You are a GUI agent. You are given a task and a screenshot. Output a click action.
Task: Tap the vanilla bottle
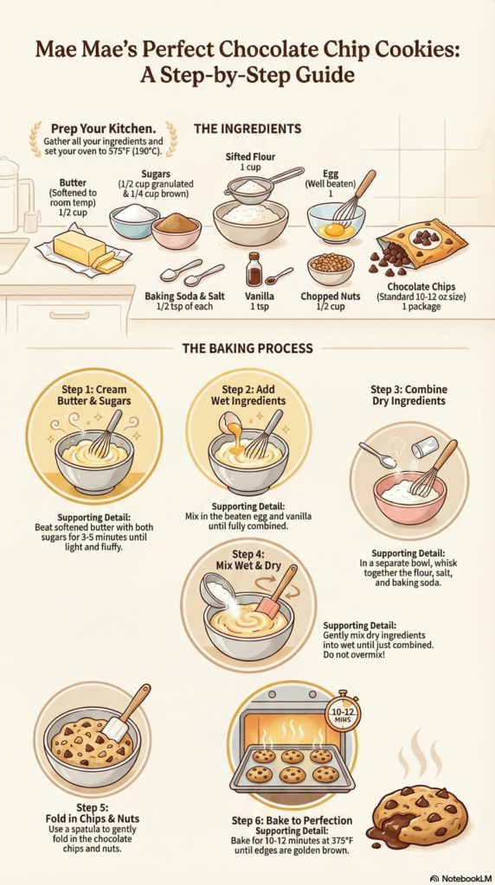[x=254, y=270]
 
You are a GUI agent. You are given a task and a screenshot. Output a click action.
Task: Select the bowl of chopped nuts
[x=331, y=269]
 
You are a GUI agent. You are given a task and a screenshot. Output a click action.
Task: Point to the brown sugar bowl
[x=177, y=232]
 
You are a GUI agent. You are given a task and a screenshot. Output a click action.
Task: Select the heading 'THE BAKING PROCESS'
[x=247, y=348]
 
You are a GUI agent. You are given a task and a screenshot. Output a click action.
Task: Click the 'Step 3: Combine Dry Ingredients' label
[x=408, y=395]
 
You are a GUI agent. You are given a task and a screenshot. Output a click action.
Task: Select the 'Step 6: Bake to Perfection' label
[x=292, y=820]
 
